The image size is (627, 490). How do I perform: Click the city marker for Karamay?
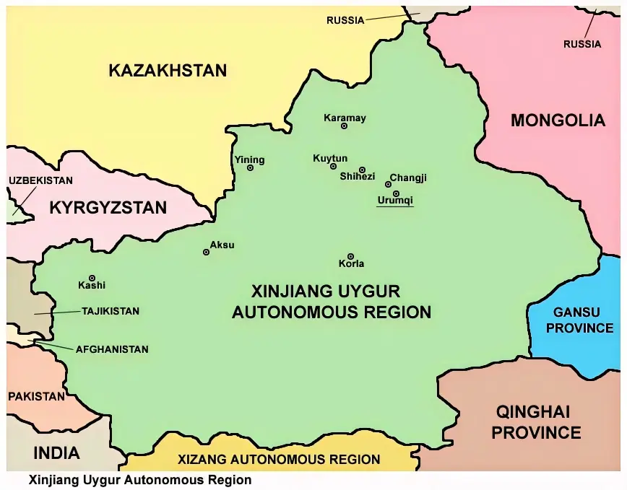point(344,126)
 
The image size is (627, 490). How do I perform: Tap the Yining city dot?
point(251,167)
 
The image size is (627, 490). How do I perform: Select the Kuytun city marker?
point(333,166)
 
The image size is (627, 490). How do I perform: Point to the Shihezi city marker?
point(363,170)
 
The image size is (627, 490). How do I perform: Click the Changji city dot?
point(389,184)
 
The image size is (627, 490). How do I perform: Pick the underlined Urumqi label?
point(394,201)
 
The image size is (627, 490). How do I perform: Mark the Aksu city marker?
point(207,252)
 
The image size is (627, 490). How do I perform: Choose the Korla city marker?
point(350,256)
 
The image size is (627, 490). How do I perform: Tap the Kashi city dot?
point(92,278)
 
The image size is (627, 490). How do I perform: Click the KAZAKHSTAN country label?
point(168,71)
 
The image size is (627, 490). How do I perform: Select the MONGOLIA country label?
point(558,121)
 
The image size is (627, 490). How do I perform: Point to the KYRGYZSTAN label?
point(108,208)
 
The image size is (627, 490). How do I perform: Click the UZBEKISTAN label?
point(40,180)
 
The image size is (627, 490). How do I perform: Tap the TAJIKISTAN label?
point(110,312)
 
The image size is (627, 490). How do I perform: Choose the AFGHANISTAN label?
point(112,349)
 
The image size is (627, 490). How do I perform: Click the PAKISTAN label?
point(36,396)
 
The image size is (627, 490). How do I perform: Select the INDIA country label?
point(56,453)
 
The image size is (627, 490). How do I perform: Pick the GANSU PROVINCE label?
point(583,320)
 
